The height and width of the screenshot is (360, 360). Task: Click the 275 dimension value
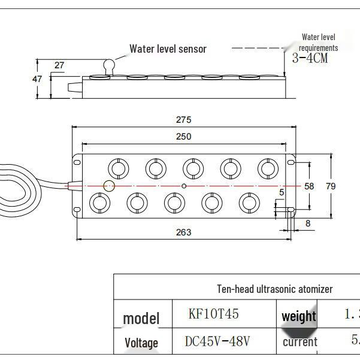184,120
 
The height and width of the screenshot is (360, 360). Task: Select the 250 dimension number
184,137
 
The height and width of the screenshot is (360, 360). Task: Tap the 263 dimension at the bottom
184,232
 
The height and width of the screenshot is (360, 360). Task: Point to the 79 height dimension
331,186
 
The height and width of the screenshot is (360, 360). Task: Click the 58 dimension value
309,186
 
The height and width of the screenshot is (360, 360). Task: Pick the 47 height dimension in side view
37,79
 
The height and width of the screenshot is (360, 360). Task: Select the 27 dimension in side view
59,65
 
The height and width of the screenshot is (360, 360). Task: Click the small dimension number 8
308,223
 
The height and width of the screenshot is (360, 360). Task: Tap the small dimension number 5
282,192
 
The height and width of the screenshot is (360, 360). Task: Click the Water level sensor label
168,49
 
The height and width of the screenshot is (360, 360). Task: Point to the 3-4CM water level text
310,59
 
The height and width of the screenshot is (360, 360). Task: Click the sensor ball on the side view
109,65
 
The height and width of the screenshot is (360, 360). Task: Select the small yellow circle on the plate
108,186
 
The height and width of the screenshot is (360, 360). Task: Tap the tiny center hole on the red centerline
184,186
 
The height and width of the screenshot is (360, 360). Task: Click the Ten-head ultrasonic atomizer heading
274,289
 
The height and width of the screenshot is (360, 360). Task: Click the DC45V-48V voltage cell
217,341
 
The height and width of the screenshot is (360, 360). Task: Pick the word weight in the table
298,316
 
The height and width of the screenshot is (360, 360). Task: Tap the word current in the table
300,342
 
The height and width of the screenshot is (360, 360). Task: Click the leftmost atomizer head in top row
118,168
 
